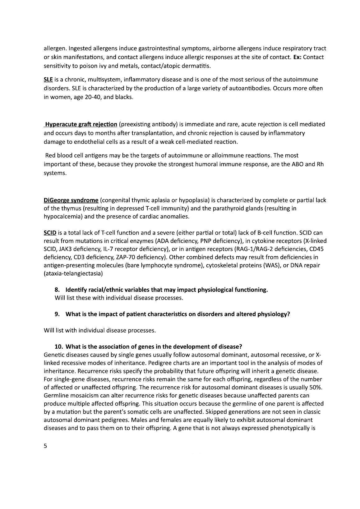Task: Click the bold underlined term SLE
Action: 48,80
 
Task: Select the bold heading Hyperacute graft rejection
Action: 81,125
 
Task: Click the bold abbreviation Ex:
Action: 296,57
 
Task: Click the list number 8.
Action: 57,290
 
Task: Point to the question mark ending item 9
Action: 288,314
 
